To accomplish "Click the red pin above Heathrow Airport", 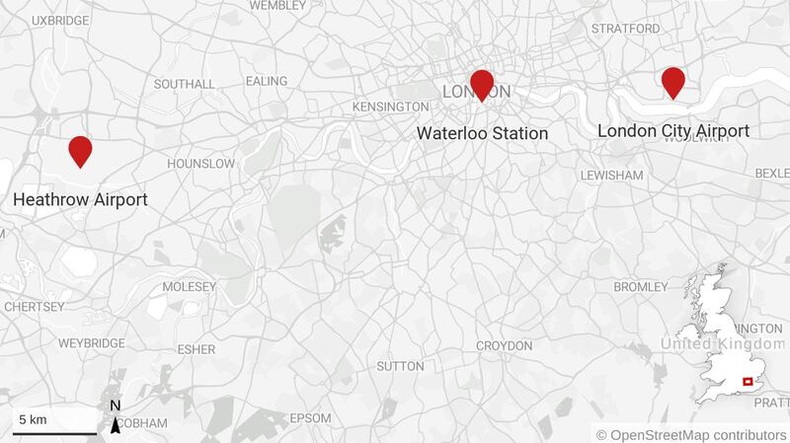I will click(80, 150).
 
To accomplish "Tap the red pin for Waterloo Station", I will click(482, 84).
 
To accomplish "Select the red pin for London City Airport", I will click(673, 81).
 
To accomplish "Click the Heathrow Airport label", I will click(80, 200).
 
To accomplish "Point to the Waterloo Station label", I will click(482, 133).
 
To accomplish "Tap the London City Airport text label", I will click(673, 130).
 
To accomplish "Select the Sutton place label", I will click(400, 366).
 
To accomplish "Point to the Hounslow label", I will click(202, 163).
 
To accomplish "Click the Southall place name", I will click(185, 84).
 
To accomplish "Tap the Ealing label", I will click(267, 81).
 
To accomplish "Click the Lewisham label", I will click(612, 175).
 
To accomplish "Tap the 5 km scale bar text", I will click(33, 420).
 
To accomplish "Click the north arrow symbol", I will click(116, 421).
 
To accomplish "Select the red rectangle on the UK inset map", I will click(748, 382).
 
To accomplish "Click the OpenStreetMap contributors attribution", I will click(691, 434).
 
